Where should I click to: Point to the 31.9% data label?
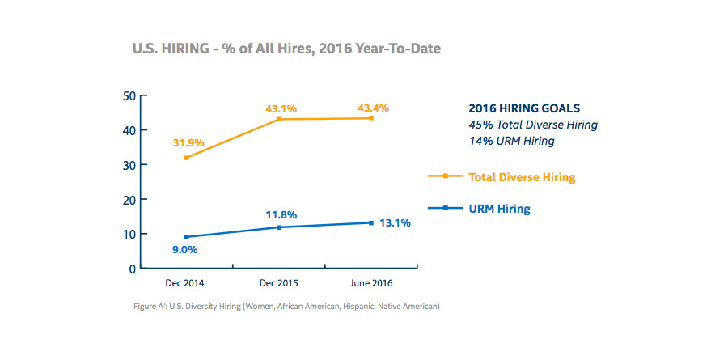click(x=188, y=142)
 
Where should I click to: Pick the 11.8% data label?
click(x=280, y=214)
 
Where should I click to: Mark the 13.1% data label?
click(x=396, y=222)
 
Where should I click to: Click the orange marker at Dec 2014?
click(x=187, y=158)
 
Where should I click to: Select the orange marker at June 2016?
click(x=370, y=118)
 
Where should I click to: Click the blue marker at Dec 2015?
click(x=279, y=227)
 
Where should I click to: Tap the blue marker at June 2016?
click(x=370, y=222)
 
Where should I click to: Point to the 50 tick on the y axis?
click(x=129, y=95)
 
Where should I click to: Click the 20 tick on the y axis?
click(x=129, y=199)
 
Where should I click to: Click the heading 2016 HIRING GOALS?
click(x=524, y=108)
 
